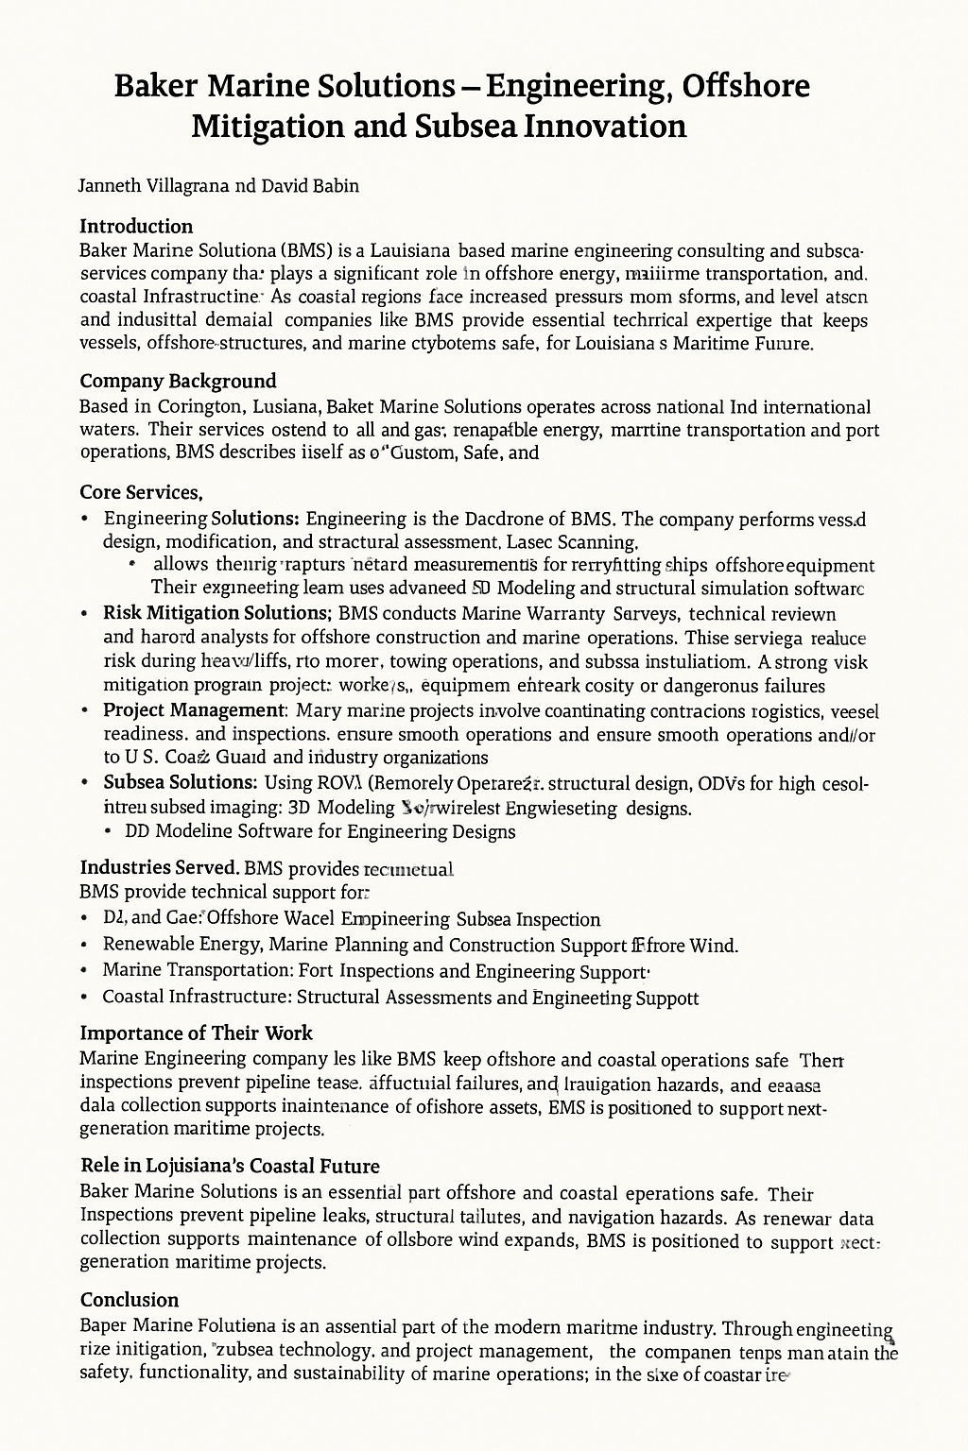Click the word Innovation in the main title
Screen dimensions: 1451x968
pyautogui.click(x=604, y=126)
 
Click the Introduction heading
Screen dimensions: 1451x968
pyautogui.click(x=136, y=227)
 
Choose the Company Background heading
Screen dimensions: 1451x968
pyautogui.click(x=178, y=382)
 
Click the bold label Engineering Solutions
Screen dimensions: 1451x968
pyautogui.click(x=201, y=519)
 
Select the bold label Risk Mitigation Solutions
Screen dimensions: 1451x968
pyautogui.click(x=216, y=613)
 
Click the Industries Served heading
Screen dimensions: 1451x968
pyautogui.click(x=159, y=867)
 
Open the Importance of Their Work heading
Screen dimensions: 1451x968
pyautogui.click(x=196, y=1033)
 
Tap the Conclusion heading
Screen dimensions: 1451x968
pyautogui.click(x=130, y=1300)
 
